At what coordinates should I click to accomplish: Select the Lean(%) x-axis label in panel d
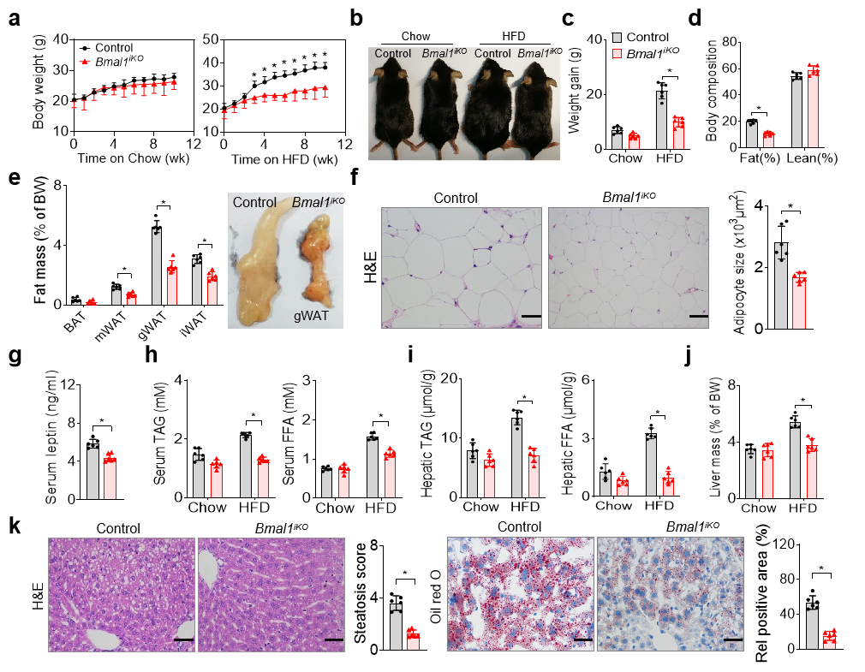807,158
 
